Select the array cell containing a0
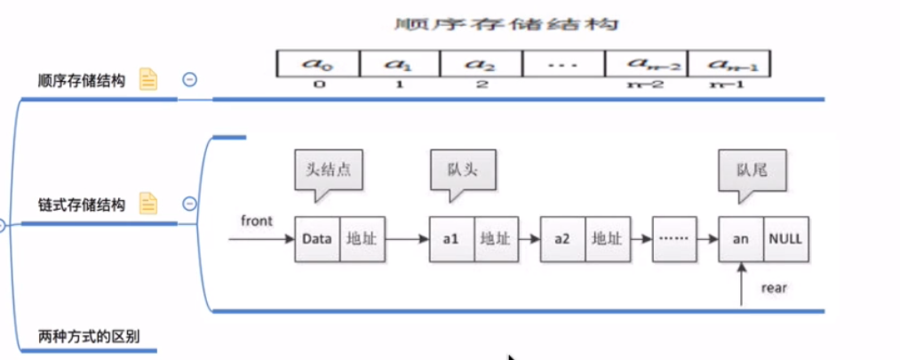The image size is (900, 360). [x=318, y=63]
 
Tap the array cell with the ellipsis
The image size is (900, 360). [x=563, y=63]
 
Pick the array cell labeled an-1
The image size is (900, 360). [x=728, y=63]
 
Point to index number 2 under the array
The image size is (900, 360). [x=481, y=84]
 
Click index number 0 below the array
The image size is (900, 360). [x=317, y=84]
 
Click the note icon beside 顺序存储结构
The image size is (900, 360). [x=147, y=80]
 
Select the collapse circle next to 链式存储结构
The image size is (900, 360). [x=189, y=204]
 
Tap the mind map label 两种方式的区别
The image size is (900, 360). [x=90, y=336]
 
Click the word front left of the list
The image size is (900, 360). [x=257, y=220]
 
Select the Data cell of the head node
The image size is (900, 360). [x=317, y=239]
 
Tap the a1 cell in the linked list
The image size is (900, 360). [x=452, y=239]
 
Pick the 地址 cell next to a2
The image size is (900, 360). [x=607, y=239]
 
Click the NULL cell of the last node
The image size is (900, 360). [x=785, y=239]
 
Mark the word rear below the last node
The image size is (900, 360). [x=775, y=289]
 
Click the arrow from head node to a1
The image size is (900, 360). [x=408, y=239]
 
